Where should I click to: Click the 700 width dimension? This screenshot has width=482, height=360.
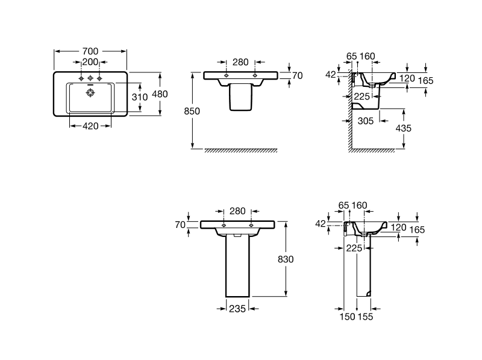90,51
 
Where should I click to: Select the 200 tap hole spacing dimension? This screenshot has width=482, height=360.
90,62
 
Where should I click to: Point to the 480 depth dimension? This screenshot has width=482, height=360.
160,94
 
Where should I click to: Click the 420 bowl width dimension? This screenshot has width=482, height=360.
90,126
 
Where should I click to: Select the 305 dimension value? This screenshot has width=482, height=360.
365,121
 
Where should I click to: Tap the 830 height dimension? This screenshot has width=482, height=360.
286,259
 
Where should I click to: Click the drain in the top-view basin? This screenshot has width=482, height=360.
90,93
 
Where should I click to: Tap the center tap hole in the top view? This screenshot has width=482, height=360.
90,78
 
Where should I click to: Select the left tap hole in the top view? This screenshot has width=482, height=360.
80,78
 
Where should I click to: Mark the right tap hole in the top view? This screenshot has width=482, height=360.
99,78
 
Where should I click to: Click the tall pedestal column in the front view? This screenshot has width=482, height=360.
238,265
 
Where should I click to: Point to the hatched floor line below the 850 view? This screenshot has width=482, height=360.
241,150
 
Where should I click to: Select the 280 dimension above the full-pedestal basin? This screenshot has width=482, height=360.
238,212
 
